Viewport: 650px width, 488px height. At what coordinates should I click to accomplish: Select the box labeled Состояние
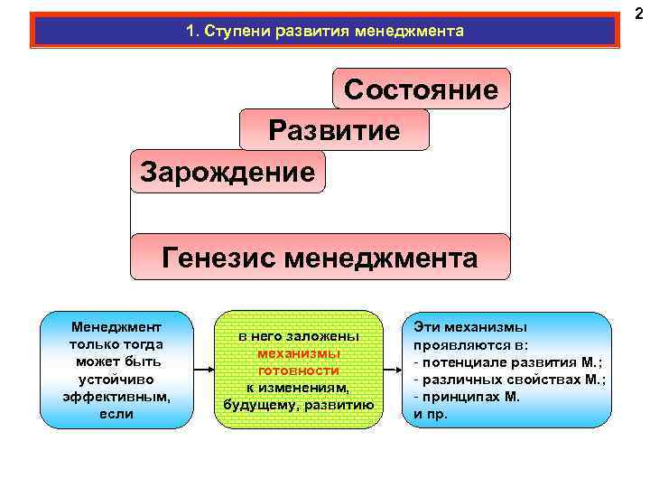(421, 89)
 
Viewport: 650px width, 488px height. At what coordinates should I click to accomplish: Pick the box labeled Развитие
(334, 130)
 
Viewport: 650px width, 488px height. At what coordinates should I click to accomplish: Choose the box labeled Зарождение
(227, 171)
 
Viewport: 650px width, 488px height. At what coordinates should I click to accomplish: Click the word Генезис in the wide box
(218, 258)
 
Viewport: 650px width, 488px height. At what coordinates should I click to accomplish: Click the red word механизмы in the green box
(298, 353)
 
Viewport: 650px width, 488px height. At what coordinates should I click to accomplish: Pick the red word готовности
(298, 371)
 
